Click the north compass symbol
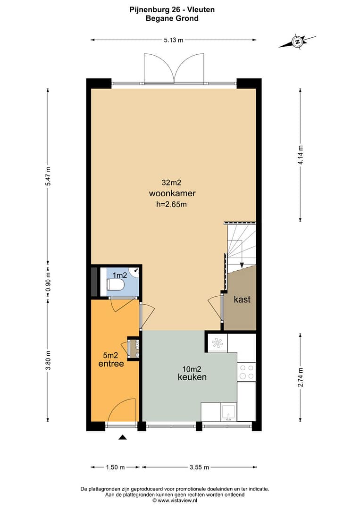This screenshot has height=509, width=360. tap(297, 41)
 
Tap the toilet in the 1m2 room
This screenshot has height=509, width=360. tap(115, 284)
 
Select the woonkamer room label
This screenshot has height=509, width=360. tap(172, 193)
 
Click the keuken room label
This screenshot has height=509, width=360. tap(192, 377)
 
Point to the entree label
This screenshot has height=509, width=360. tap(111, 364)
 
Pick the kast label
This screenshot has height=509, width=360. tap(242, 299)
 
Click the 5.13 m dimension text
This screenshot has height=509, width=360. tap(173, 40)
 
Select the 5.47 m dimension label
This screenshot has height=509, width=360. tap(48, 176)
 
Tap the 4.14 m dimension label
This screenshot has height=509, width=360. tap(301, 155)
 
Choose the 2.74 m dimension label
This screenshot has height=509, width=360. tap(301, 377)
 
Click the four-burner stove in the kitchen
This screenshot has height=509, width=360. tap(246, 372)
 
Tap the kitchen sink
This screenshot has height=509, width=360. tap(228, 412)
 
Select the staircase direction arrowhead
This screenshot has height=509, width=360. tap(242, 265)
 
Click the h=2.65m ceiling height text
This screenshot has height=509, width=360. tap(171, 205)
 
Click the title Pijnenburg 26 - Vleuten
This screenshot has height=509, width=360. tap(172, 10)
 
